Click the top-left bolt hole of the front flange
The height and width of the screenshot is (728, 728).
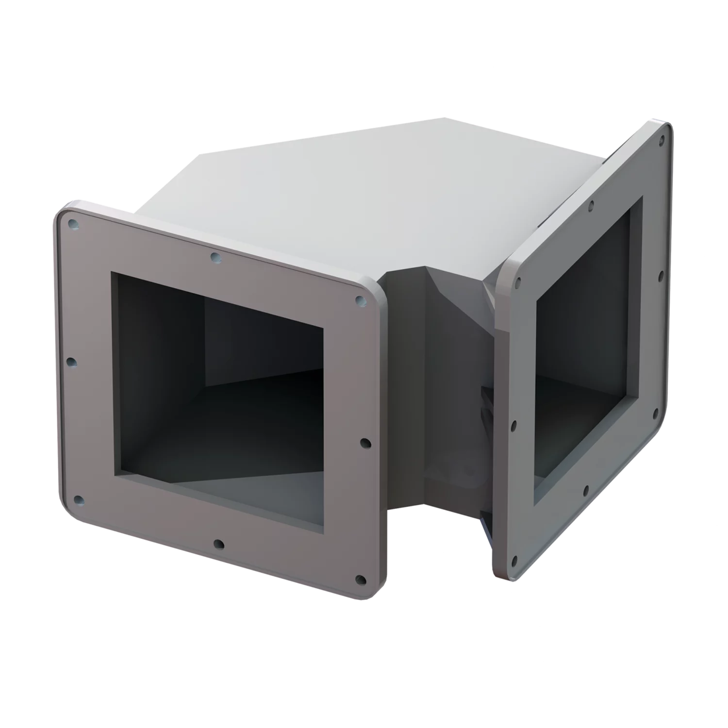(73, 224)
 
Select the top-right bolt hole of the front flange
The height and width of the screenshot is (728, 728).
(360, 301)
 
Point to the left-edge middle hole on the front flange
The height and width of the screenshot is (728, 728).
(71, 362)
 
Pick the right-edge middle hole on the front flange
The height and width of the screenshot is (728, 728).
(365, 443)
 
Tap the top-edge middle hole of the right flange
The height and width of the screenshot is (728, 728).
(591, 206)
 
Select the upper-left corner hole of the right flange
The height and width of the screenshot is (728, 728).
(518, 281)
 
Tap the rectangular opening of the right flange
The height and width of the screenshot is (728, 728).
(582, 349)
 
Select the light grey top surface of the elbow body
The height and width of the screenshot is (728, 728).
(340, 194)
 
